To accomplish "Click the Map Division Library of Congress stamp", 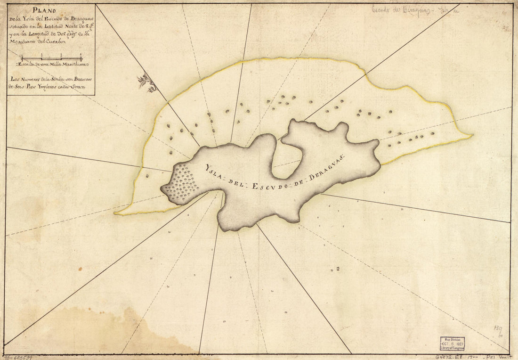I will click(x=453, y=344).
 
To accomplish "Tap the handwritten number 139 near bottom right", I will click(x=498, y=328).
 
